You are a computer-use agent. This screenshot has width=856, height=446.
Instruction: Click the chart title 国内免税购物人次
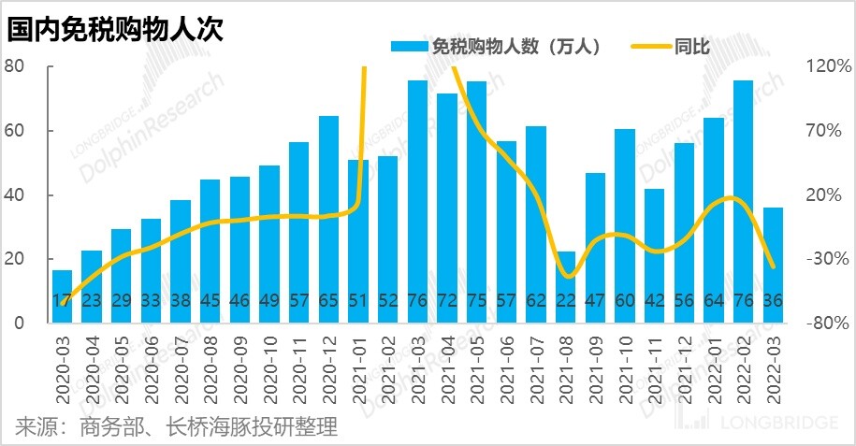click(114, 28)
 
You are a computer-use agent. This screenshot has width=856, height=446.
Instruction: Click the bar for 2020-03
click(62, 296)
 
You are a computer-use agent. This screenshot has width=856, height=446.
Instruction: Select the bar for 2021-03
click(418, 202)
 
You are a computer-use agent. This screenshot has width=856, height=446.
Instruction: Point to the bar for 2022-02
click(744, 202)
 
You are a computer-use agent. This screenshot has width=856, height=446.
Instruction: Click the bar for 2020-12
click(329, 220)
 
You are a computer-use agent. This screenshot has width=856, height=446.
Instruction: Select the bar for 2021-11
click(655, 256)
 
